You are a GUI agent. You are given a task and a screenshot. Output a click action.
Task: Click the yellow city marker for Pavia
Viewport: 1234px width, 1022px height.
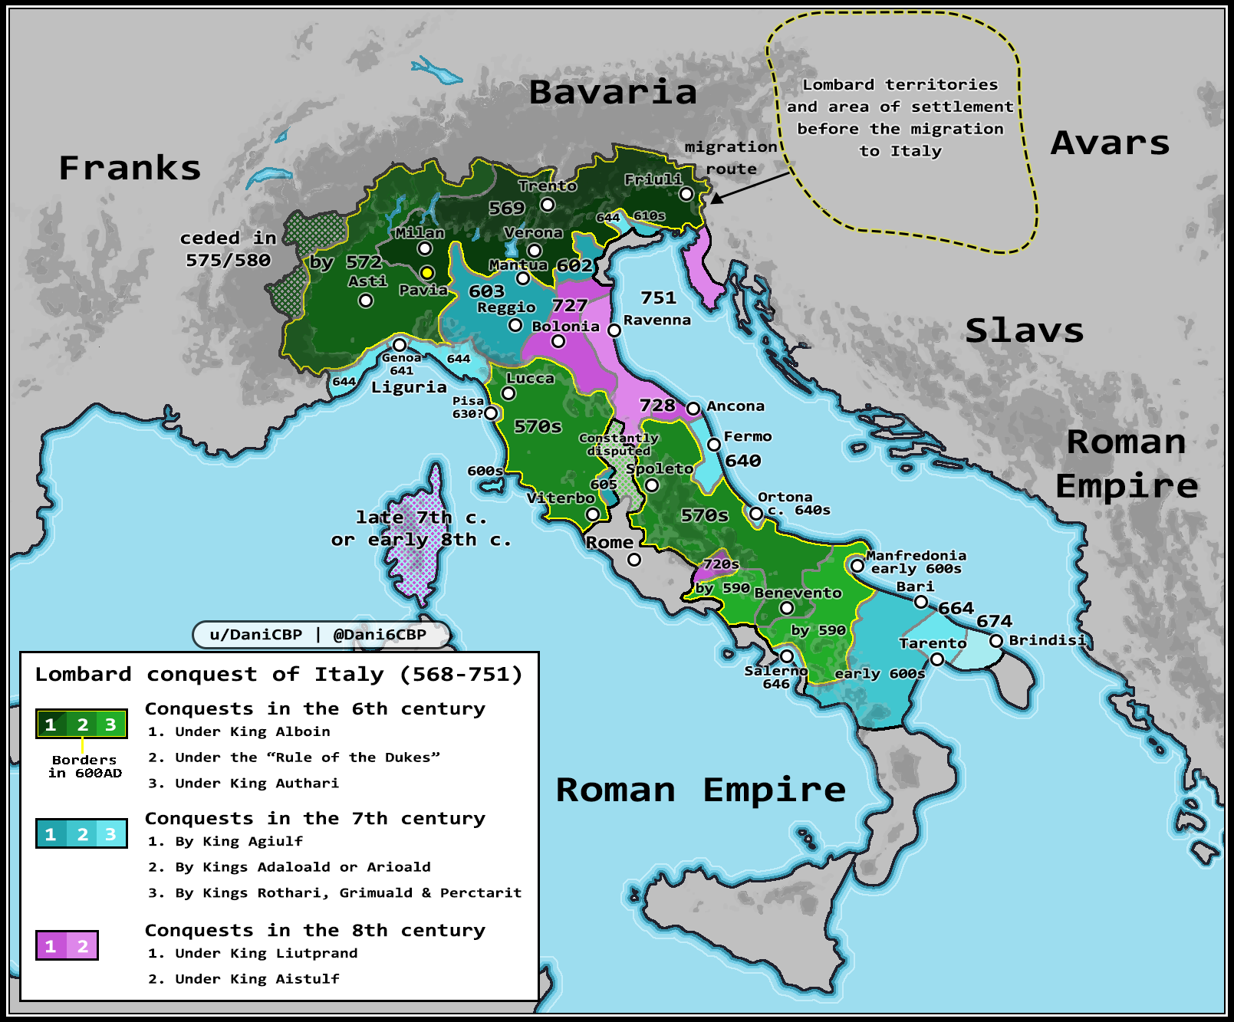click(427, 273)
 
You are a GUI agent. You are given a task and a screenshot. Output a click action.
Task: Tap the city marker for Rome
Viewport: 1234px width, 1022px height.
click(633, 560)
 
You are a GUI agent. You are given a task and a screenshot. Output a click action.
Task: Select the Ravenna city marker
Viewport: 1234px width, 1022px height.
click(614, 330)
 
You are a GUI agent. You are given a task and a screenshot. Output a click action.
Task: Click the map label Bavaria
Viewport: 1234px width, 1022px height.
click(613, 93)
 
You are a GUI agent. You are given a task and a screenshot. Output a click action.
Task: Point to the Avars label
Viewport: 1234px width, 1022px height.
click(1110, 143)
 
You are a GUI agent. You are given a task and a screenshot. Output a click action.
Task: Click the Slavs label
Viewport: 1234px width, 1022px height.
click(1024, 331)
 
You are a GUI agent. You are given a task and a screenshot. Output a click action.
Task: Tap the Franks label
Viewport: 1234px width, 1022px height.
click(130, 169)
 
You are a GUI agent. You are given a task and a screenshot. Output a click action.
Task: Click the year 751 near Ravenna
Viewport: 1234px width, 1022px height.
click(658, 297)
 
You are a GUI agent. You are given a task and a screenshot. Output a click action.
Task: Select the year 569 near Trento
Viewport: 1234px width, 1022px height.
click(507, 209)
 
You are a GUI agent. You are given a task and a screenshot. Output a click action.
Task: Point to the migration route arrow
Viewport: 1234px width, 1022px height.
click(748, 188)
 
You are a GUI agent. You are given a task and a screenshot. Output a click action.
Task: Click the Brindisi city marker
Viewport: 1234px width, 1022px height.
click(995, 641)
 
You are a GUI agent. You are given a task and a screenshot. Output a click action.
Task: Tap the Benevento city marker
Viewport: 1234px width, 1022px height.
click(786, 608)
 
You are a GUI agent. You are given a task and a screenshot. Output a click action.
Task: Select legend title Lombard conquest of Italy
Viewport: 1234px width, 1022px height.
click(278, 675)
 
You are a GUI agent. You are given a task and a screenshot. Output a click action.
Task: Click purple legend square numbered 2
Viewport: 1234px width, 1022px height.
click(83, 946)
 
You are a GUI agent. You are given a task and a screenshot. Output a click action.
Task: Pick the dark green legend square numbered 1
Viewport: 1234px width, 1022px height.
click(51, 725)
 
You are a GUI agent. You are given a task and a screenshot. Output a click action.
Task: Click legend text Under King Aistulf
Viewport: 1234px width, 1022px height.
click(257, 979)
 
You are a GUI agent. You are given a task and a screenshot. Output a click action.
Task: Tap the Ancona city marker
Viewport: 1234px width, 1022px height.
click(693, 409)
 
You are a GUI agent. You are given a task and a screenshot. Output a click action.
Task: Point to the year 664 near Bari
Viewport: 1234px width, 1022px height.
click(956, 609)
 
